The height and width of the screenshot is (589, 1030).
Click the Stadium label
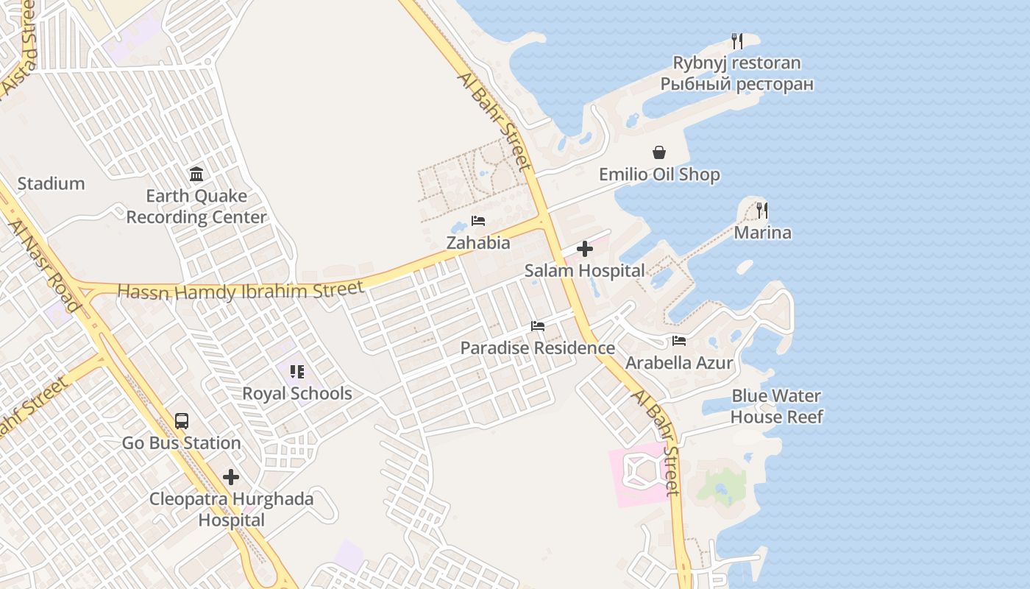tap(51, 183)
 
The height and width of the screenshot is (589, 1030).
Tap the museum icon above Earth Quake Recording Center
tap(196, 174)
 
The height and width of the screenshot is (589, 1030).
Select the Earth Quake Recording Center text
tap(196, 207)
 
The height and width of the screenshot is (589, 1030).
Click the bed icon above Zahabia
tap(478, 221)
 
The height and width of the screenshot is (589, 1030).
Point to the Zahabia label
tap(478, 243)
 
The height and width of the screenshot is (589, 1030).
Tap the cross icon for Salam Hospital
tap(585, 249)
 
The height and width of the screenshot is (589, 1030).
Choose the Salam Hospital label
tap(585, 271)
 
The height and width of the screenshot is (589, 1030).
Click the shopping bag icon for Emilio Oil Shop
tap(659, 152)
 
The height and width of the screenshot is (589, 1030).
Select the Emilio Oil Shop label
tap(659, 174)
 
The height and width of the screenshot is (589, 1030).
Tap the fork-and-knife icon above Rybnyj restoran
tap(737, 41)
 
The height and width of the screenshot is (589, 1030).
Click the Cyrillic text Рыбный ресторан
tap(737, 84)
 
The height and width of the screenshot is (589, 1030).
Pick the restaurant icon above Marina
tap(762, 211)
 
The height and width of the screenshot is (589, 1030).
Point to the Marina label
tap(763, 233)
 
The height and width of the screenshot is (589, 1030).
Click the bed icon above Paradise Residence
tap(538, 326)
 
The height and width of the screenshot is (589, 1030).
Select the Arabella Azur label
tap(679, 363)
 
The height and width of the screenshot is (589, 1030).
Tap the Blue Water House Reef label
tap(776, 406)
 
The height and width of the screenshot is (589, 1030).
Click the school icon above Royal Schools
tap(297, 372)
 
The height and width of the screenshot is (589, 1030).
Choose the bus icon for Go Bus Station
tap(182, 421)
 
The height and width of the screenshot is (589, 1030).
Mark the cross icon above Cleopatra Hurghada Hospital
tap(231, 477)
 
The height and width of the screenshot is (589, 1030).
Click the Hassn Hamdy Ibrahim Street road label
tap(241, 291)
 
